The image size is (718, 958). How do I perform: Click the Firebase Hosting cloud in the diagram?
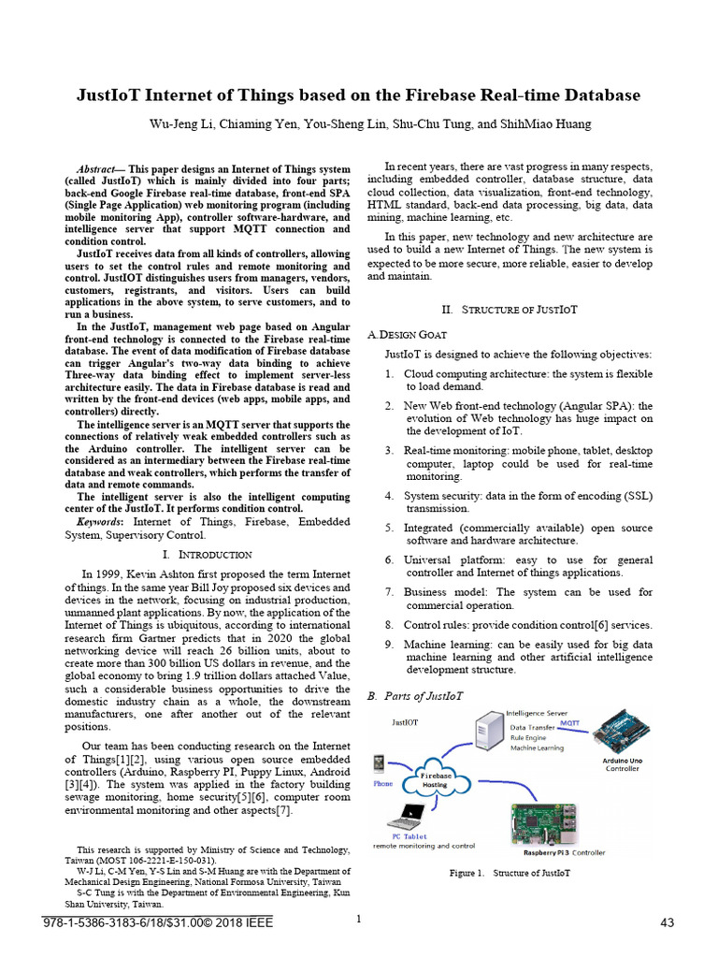tap(434, 778)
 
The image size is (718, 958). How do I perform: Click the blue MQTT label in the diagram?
tap(568, 722)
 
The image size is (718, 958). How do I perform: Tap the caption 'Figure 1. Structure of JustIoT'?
tap(510, 873)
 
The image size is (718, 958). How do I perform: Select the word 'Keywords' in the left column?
tap(98, 521)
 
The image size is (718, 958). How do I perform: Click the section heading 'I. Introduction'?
tap(207, 555)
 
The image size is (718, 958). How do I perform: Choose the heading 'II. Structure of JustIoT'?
tap(510, 309)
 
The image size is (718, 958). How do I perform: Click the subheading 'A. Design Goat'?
tap(408, 334)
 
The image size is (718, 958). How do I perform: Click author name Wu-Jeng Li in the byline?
tap(176, 124)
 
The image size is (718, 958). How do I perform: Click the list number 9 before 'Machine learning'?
tap(388, 645)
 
